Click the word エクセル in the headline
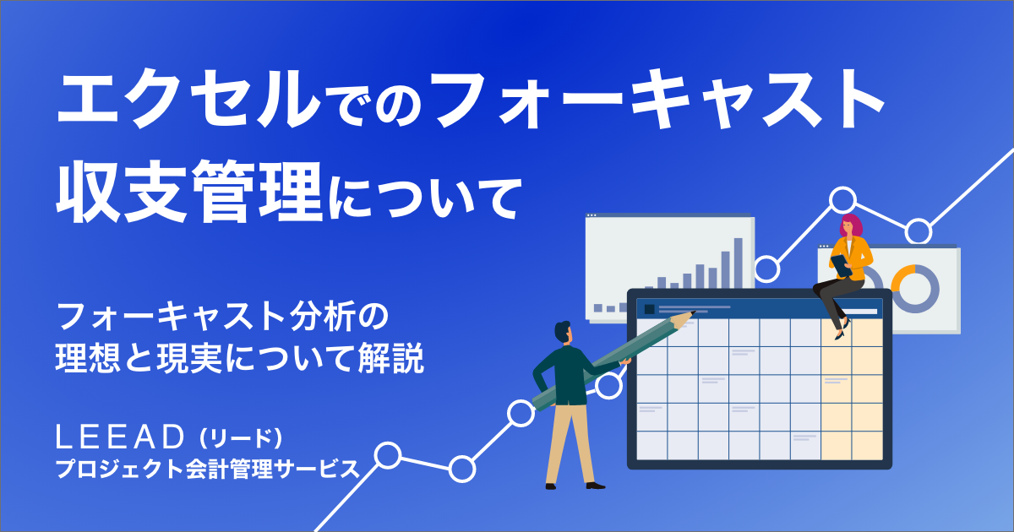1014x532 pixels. (188, 99)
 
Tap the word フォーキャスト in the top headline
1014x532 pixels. (657, 99)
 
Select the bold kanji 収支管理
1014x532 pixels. (188, 192)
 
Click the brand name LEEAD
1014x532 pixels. (120, 437)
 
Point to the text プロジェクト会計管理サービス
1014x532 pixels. (207, 469)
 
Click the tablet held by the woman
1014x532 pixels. (842, 265)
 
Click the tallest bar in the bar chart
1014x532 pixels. (739, 263)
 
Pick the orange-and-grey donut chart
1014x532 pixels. (914, 288)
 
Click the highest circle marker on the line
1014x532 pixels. (843, 199)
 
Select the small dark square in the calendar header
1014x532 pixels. (650, 309)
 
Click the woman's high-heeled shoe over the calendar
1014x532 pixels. (842, 330)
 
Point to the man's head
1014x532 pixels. (564, 333)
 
